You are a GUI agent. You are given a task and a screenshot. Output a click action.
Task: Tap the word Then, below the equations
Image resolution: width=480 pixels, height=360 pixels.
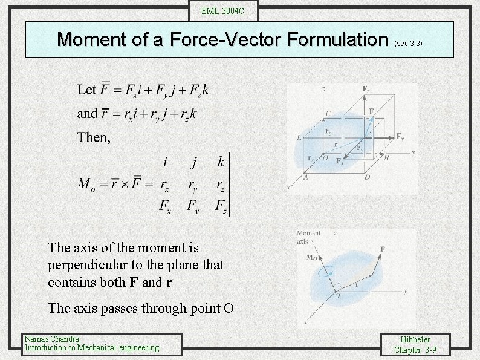[x=94, y=137]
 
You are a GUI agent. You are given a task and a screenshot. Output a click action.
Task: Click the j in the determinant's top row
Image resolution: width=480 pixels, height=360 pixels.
[x=193, y=162]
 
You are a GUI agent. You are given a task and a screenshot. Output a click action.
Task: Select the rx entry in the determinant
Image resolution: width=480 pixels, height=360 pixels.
[x=165, y=185]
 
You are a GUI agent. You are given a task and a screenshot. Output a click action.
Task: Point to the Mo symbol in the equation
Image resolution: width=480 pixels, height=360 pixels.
[x=85, y=184]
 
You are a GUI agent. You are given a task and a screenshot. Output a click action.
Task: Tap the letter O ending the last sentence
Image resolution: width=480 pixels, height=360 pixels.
[x=229, y=309]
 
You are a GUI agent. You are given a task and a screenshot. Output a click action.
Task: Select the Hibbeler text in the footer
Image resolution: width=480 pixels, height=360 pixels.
[x=415, y=340]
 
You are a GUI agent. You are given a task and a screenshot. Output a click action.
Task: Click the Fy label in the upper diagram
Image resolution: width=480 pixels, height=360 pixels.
[x=400, y=137]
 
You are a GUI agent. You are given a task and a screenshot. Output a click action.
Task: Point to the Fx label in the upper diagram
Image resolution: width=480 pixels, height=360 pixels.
[x=339, y=162]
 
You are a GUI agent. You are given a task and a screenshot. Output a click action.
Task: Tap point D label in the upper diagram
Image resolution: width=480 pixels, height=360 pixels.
[x=367, y=177]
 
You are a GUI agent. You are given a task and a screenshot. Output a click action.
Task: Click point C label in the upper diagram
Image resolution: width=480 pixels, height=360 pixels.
[x=327, y=113]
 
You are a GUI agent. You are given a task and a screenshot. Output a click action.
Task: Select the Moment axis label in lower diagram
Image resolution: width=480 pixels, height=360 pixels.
[x=309, y=237]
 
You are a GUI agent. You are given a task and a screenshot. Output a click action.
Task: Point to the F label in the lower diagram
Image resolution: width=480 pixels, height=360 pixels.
[x=383, y=249]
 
